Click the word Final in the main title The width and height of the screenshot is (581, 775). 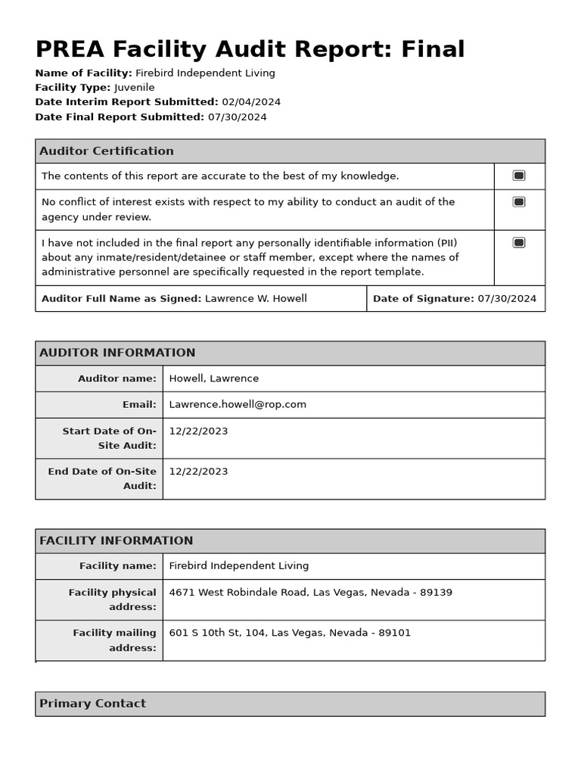pyautogui.click(x=427, y=50)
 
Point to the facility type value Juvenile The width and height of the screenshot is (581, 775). pyautogui.click(x=135, y=88)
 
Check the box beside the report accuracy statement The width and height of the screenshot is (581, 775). pyautogui.click(x=519, y=176)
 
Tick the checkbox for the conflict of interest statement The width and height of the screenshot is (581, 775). pyautogui.click(x=519, y=202)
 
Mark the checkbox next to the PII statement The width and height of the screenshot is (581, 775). pyautogui.click(x=519, y=243)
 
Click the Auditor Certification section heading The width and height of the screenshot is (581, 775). pyautogui.click(x=107, y=151)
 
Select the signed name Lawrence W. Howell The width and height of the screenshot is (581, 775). pyautogui.click(x=256, y=299)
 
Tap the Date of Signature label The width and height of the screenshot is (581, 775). pyautogui.click(x=423, y=299)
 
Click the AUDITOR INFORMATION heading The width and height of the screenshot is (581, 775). pyautogui.click(x=117, y=353)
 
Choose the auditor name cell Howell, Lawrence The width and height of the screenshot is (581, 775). pyautogui.click(x=214, y=379)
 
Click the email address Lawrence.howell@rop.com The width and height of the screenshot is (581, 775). pyautogui.click(x=238, y=405)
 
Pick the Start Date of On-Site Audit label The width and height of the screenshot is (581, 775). pyautogui.click(x=110, y=438)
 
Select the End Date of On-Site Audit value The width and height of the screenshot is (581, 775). pyautogui.click(x=198, y=472)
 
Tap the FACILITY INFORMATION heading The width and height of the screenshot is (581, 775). pyautogui.click(x=117, y=541)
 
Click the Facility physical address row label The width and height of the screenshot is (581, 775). pyautogui.click(x=113, y=599)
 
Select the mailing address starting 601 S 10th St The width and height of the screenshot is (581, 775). pyautogui.click(x=290, y=633)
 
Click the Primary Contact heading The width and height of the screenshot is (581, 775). pyautogui.click(x=92, y=704)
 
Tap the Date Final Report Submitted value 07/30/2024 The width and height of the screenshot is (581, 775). pyautogui.click(x=237, y=117)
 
